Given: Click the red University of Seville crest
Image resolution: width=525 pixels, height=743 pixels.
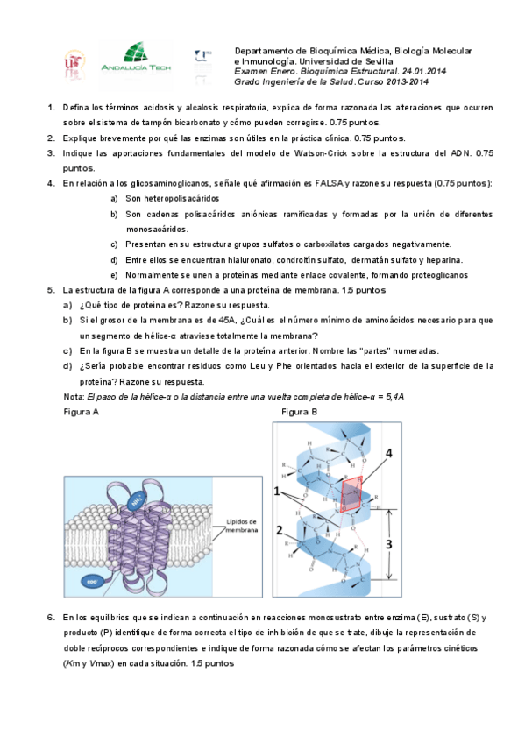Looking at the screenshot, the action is click(74, 64).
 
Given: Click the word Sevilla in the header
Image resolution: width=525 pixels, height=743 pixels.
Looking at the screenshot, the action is click(379, 61).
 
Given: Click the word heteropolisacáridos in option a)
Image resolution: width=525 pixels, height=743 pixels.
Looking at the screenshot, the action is click(181, 199).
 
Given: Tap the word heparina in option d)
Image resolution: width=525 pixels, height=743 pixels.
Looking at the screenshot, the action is click(444, 260).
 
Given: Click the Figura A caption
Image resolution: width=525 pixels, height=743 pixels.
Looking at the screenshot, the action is click(81, 412).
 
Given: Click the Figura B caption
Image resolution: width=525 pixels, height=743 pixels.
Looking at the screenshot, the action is click(300, 412).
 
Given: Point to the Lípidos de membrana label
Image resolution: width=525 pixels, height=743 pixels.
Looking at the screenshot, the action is click(242, 526).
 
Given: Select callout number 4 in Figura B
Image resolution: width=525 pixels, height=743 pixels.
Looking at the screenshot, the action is click(388, 454).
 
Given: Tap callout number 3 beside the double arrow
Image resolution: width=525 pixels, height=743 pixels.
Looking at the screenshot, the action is click(388, 544).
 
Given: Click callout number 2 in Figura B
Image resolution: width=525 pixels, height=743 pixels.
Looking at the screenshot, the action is click(279, 530).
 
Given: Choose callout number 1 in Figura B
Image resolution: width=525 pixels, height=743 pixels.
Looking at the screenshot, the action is click(277, 492).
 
